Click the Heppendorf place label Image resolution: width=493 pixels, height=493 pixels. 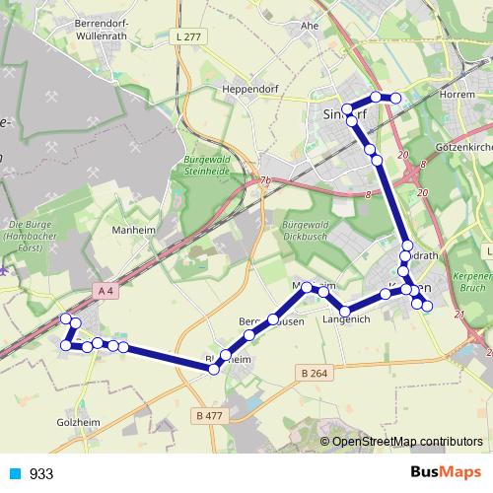[250, 89]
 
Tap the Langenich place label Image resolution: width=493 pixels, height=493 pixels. [345, 319]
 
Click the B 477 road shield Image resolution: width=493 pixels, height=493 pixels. [210, 415]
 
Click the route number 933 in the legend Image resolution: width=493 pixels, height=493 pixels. [41, 473]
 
